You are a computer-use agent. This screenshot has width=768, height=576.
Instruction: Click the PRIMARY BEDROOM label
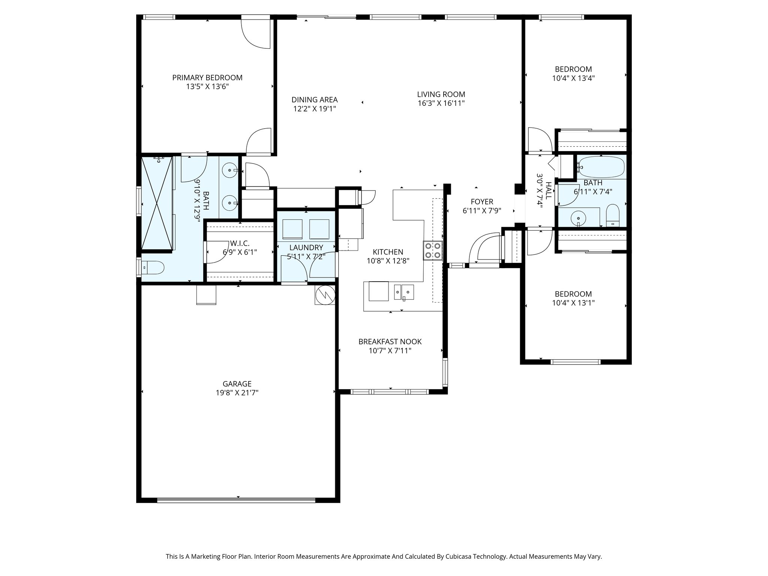(x=207, y=78)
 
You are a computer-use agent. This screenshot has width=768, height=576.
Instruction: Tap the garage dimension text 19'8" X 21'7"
(x=237, y=393)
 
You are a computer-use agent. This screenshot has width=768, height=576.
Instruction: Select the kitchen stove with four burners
(x=433, y=250)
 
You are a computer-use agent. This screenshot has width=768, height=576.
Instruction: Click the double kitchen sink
(x=404, y=292)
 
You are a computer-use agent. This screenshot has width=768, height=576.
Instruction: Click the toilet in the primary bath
(x=154, y=267)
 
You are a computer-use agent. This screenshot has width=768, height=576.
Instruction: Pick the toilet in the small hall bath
(x=612, y=216)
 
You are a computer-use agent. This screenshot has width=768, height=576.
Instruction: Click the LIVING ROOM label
(x=441, y=94)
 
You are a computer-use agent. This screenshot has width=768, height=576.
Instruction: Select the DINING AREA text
(x=315, y=100)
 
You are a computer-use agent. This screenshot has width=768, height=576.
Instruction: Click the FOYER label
(x=482, y=202)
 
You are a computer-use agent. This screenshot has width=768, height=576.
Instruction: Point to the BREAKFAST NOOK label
(x=390, y=342)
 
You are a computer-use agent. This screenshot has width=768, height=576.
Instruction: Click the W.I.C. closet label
(x=240, y=243)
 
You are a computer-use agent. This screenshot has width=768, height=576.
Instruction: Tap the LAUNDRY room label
(x=306, y=247)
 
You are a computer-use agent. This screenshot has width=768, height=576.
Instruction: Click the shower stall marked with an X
(x=157, y=203)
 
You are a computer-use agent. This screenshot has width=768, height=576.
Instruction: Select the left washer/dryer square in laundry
(x=292, y=229)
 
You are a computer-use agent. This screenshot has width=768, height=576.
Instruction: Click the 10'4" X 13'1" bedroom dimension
(x=573, y=303)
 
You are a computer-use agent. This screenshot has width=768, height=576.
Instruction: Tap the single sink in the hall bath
(x=578, y=217)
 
